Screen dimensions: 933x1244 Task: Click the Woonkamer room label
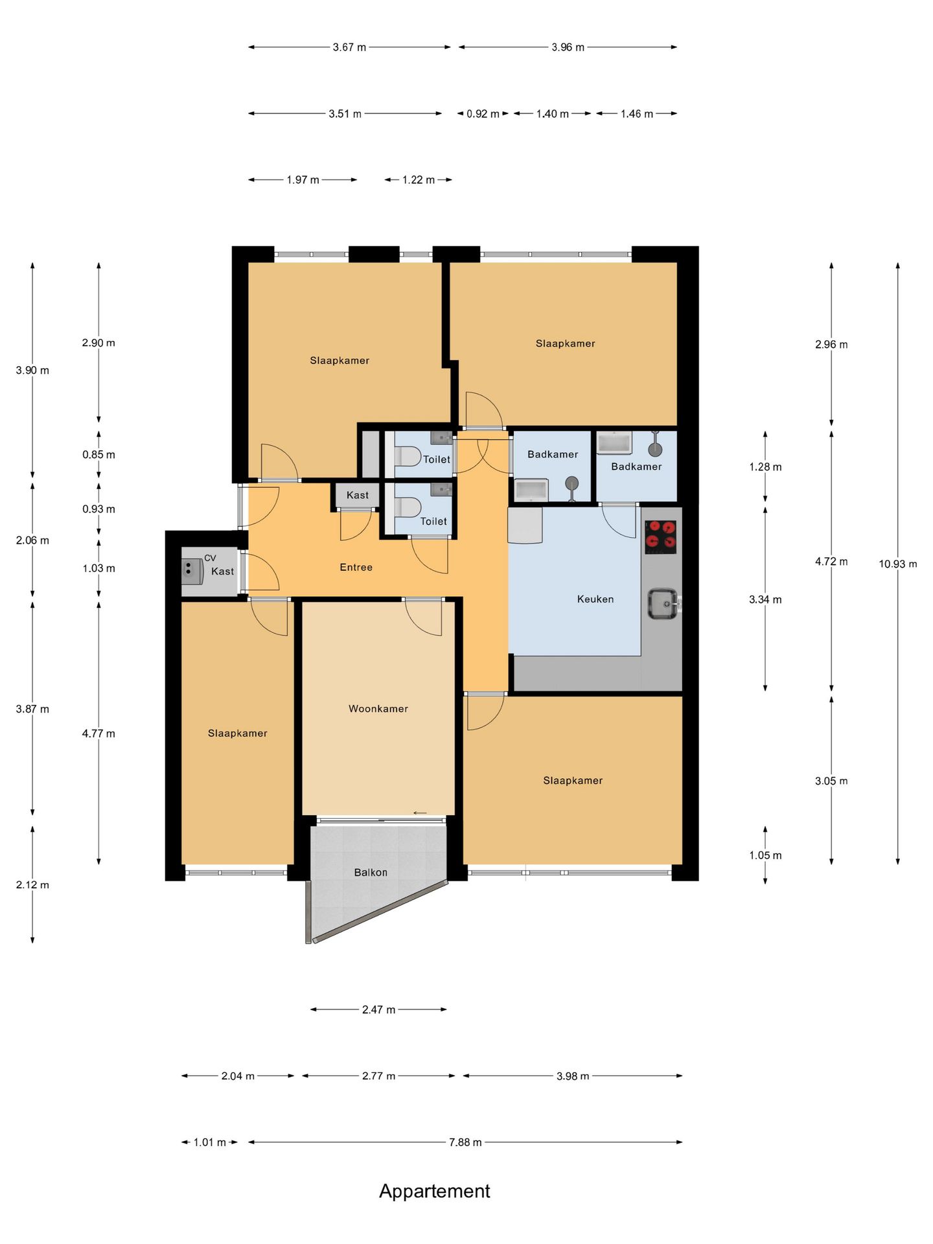point(378,709)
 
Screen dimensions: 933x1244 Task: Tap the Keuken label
point(595,599)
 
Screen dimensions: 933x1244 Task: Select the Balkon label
point(371,873)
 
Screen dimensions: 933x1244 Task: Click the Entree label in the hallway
point(356,568)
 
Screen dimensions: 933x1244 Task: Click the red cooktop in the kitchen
point(661,537)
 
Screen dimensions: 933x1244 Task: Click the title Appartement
point(435,1192)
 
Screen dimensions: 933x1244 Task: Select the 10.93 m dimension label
point(898,564)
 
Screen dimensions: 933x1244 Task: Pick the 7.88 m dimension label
point(465,1142)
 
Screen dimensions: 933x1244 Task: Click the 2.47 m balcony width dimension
point(378,1009)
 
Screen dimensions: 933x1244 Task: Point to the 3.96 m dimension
point(568,47)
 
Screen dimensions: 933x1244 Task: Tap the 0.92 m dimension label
point(483,114)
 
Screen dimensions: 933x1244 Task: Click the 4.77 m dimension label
point(98,733)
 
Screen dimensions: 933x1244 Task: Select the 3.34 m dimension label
point(765,600)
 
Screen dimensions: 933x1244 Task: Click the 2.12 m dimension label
point(32,885)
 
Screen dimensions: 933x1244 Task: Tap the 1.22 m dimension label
point(419,180)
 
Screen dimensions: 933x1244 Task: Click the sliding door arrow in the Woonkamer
point(420,813)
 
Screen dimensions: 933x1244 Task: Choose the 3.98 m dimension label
point(573,1076)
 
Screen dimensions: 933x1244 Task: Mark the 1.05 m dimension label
point(765,855)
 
